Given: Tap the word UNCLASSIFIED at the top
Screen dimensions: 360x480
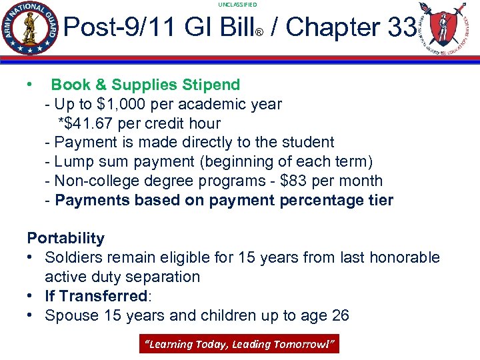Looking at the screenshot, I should pos(237,5).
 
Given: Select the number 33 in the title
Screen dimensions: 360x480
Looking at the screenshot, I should pos(401,27).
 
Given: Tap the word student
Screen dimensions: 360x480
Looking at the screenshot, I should pos(308,142).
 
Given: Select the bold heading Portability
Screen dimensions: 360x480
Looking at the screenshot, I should pos(65,238).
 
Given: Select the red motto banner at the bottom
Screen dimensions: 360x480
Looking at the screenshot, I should pos(239,344).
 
